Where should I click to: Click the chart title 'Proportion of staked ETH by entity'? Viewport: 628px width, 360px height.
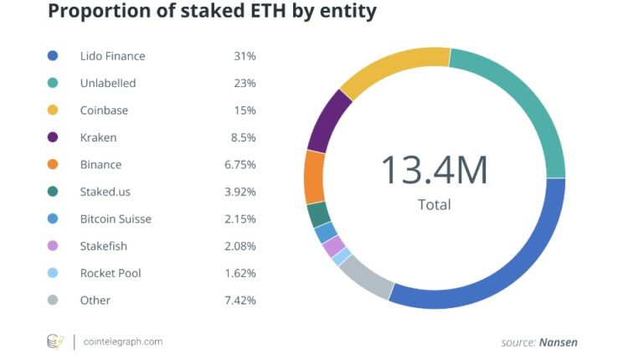(x=212, y=13)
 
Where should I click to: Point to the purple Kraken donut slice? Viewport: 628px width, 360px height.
(x=328, y=121)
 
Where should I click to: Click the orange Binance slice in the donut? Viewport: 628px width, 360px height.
(x=314, y=177)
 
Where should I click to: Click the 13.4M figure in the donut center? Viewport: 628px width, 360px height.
(x=434, y=169)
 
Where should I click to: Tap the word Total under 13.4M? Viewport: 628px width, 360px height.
(x=434, y=204)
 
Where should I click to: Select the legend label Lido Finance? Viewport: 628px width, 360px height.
(x=112, y=56)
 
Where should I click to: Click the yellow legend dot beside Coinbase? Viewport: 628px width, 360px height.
(x=53, y=111)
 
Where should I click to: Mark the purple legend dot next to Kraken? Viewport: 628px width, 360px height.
(x=53, y=137)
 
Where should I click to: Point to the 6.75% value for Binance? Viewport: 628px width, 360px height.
(x=239, y=165)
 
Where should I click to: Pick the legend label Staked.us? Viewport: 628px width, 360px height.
(x=106, y=192)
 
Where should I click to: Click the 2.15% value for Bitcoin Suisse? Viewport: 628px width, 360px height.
(x=239, y=219)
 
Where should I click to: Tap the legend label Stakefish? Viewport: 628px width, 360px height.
(x=104, y=246)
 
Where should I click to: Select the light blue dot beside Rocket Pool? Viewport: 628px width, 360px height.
(x=53, y=273)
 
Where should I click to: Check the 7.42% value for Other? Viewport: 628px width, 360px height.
(x=239, y=301)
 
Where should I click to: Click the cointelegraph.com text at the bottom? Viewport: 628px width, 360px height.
(x=123, y=342)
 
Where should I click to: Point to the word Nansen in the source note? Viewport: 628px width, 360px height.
(x=558, y=342)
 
